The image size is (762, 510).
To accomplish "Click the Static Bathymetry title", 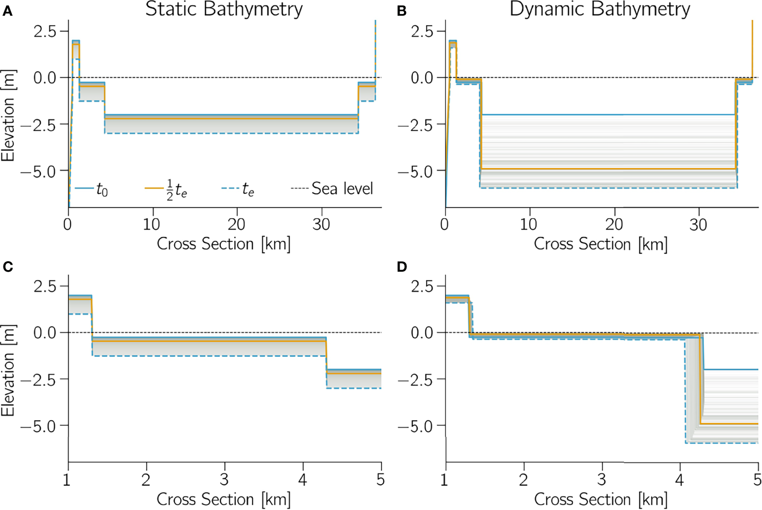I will [x=224, y=9].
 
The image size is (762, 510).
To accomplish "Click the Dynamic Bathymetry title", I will [x=600, y=9].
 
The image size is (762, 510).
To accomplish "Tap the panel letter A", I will [x=7, y=11].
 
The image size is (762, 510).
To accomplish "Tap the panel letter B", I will [x=402, y=11].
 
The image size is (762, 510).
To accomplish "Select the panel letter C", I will [x=7, y=267].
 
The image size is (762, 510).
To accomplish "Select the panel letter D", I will [x=402, y=267].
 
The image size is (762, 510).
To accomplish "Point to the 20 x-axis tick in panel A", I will [x=236, y=225].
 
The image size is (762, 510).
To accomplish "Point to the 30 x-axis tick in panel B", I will [x=698, y=225].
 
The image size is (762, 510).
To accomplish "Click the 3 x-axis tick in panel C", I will [x=224, y=479].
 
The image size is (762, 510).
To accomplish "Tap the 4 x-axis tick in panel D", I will [x=679, y=479].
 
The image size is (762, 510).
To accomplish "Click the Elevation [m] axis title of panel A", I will [x=8, y=115].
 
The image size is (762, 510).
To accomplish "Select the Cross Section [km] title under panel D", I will [x=601, y=499].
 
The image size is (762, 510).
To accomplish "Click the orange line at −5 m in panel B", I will [x=609, y=169].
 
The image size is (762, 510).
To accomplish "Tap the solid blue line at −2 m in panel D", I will [x=731, y=369].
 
